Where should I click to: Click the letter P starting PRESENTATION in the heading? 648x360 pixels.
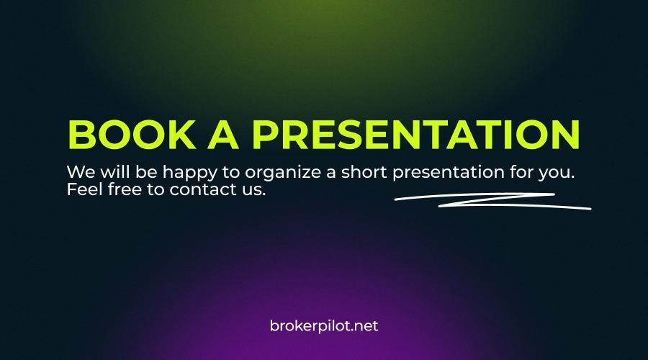[264, 135]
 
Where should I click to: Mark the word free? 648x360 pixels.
[120, 191]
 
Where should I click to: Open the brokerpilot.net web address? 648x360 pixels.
[323, 325]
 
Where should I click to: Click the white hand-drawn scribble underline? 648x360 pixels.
[493, 201]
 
